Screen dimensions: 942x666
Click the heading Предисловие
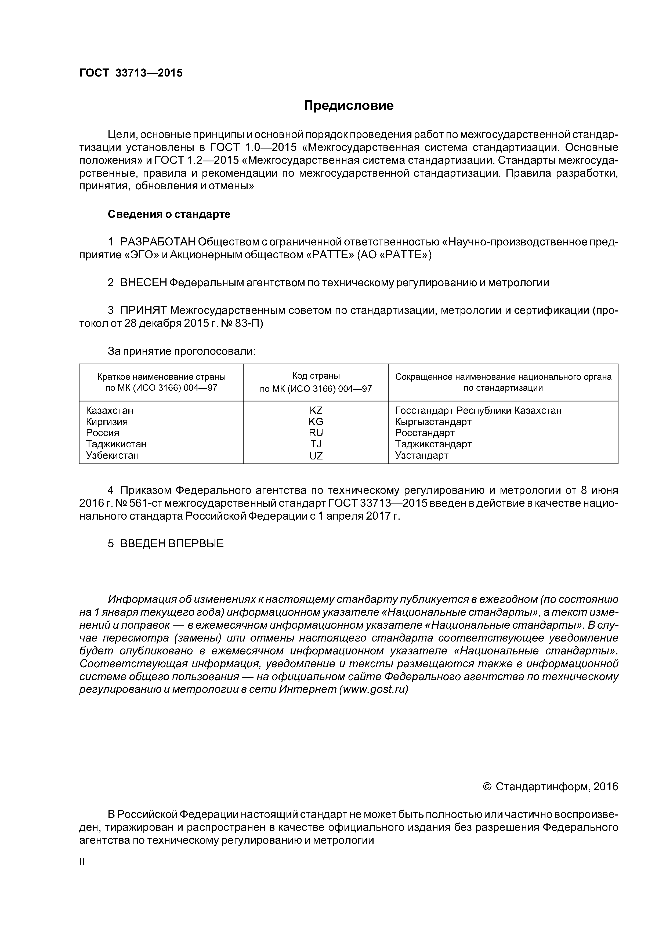(x=348, y=106)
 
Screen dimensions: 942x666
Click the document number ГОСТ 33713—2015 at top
(x=131, y=73)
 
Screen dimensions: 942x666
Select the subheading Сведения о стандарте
(x=169, y=214)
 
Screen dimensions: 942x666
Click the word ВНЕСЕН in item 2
(x=144, y=283)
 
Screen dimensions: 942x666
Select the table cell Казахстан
(x=110, y=410)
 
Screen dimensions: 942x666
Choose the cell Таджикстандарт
(x=433, y=444)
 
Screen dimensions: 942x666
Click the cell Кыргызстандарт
(x=433, y=422)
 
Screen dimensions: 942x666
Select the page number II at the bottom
(x=82, y=862)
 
